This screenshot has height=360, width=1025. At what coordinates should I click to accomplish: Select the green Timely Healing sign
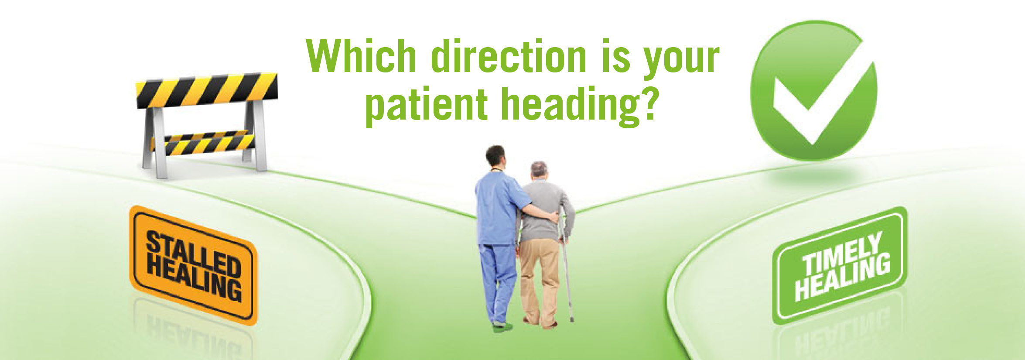pos(840,266)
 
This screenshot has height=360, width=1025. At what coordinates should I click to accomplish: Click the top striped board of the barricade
pos(207,90)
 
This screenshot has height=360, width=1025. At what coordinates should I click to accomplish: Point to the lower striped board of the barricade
pos(203,142)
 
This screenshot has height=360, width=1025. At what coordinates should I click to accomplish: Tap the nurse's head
pos(496,158)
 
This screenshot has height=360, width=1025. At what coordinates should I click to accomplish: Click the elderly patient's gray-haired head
pos(539,170)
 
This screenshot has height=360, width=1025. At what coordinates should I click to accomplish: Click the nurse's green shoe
pos(502,326)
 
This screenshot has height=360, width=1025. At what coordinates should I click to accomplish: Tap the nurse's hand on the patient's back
pos(553,217)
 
